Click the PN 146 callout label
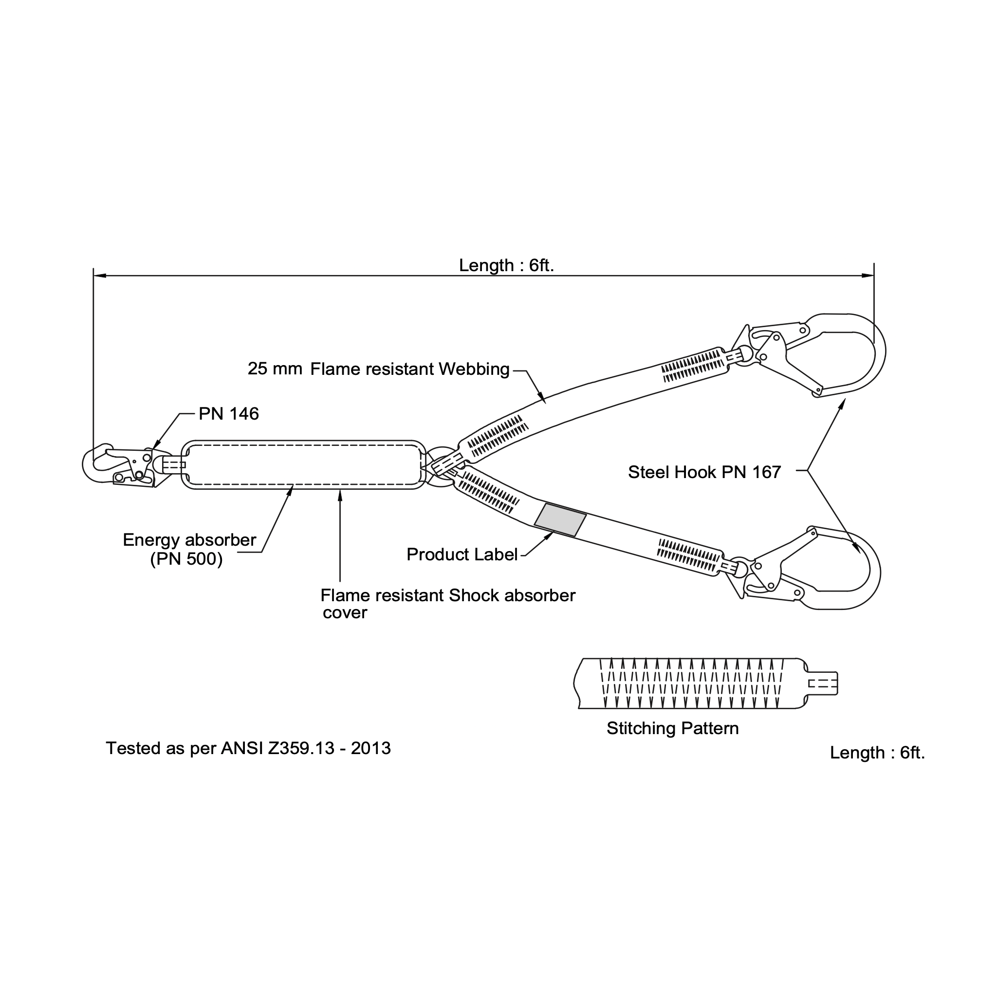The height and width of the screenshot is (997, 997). tap(229, 414)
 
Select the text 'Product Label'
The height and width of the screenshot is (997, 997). tap(462, 555)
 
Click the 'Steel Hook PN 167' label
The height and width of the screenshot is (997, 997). tap(704, 472)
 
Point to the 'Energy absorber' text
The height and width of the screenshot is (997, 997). tap(189, 540)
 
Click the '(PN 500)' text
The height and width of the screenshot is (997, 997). tap(186, 559)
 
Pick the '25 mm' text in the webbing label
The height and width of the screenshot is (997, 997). tap(275, 369)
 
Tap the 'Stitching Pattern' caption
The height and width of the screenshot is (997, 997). tap(672, 729)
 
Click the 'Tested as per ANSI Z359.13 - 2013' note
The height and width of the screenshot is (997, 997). tap(248, 748)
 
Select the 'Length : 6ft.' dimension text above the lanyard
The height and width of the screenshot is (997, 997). tap(506, 265)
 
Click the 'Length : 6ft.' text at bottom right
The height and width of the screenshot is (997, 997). tap(877, 753)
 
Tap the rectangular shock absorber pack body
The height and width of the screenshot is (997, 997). tap(303, 465)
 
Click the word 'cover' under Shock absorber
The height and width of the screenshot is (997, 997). tap(345, 613)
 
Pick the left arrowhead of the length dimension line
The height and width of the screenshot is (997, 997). tap(100, 276)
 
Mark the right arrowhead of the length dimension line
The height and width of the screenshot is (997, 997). tap(868, 276)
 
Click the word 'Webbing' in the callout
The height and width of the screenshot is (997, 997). tap(474, 369)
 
